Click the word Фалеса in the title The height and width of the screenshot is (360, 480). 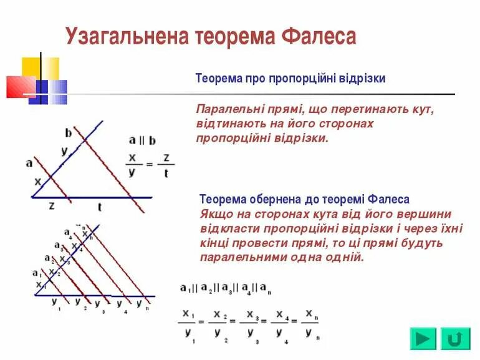pos(319,36)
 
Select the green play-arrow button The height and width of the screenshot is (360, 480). pos(423,339)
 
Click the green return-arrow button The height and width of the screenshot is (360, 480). pos(455,339)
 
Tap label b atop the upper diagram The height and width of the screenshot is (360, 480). pos(68,132)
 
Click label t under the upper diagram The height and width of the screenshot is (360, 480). pos(99,207)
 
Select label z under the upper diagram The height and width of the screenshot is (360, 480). pos(52,205)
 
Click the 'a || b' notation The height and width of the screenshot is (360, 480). pos(143,140)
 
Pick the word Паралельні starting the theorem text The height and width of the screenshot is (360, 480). pos(227,109)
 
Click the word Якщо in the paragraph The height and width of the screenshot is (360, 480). pos(215,213)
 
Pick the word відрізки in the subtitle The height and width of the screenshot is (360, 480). pos(362,79)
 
